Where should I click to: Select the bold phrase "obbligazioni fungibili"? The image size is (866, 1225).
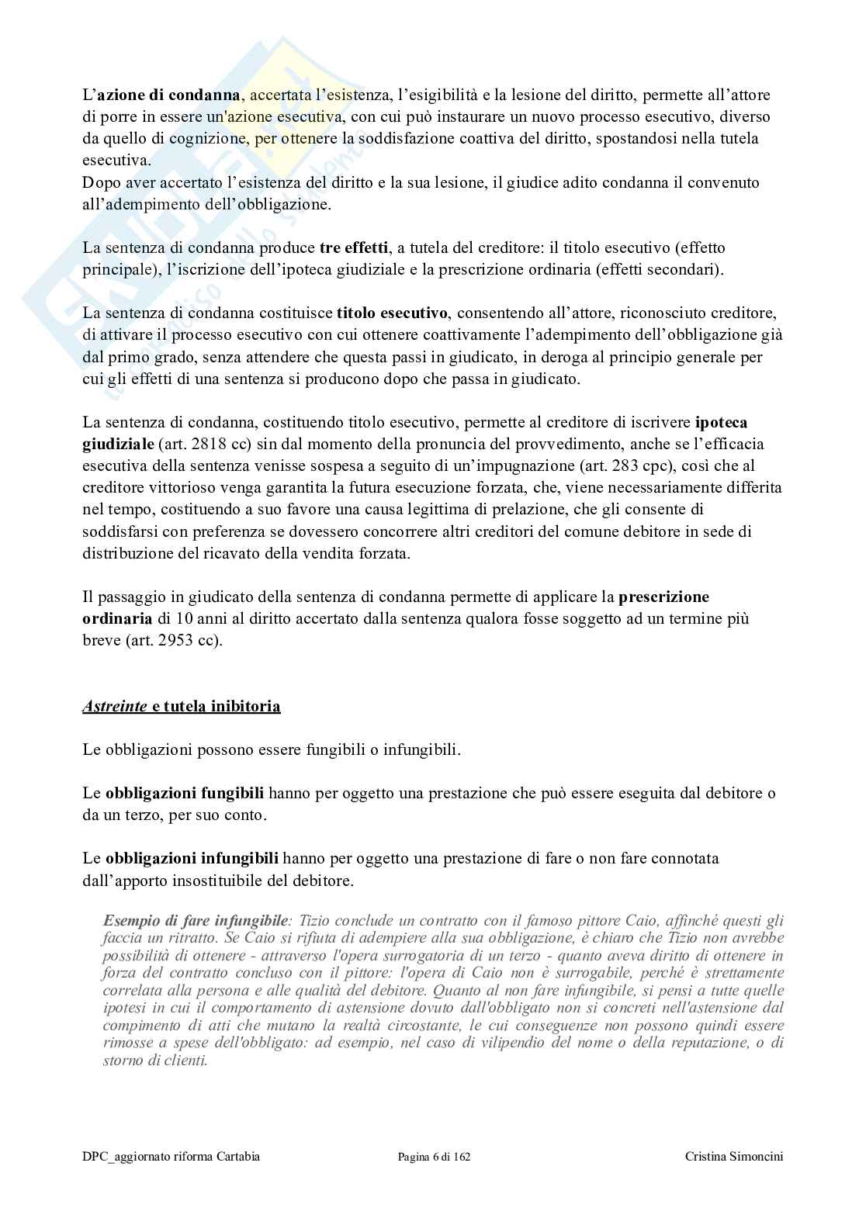[x=184, y=794]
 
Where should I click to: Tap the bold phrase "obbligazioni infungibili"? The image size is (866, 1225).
[x=192, y=859]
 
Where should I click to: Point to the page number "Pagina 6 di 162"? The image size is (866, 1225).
[x=434, y=1157]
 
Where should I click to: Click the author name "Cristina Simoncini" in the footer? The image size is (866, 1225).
[x=734, y=1157]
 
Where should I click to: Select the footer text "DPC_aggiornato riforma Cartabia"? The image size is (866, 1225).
[x=171, y=1157]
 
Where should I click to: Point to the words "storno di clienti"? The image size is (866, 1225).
[x=154, y=1061]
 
